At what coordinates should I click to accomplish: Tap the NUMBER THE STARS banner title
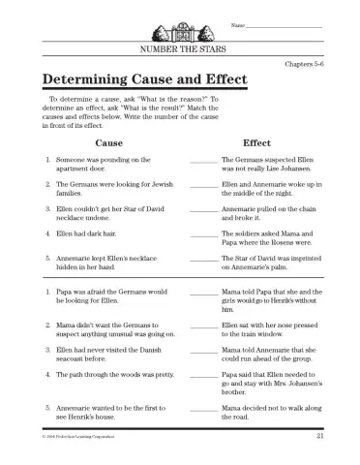point(180,46)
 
